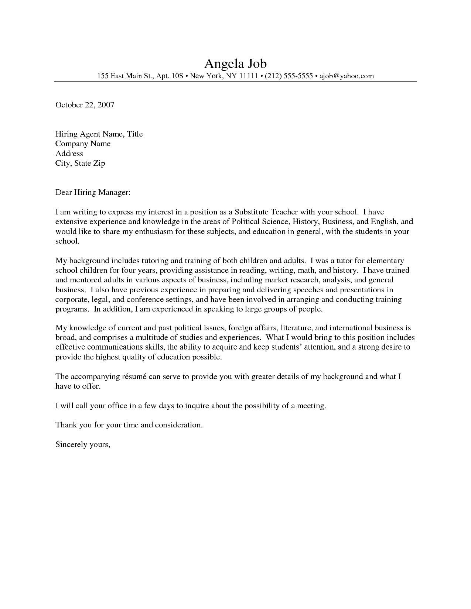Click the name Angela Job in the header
tap(235, 63)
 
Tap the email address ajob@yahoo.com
tap(347, 76)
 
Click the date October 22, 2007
tap(85, 105)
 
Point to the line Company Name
tap(83, 144)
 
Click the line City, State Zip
tap(80, 163)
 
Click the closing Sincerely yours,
tap(83, 444)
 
